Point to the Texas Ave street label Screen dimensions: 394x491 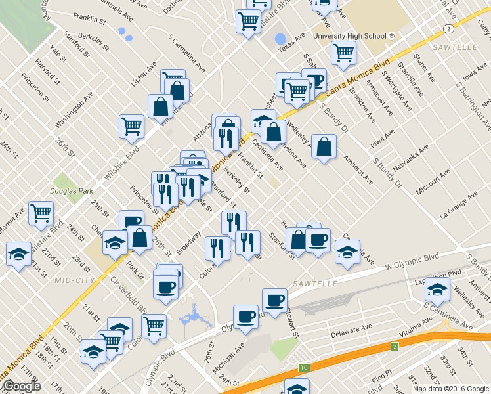[x=292, y=43]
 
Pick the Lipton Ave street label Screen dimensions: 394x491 [x=144, y=76]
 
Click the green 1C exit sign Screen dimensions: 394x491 [x=303, y=368]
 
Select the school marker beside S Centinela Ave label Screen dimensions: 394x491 [x=437, y=288]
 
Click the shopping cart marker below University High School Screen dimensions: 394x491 [x=343, y=53]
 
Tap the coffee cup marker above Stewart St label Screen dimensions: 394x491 [x=274, y=300]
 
